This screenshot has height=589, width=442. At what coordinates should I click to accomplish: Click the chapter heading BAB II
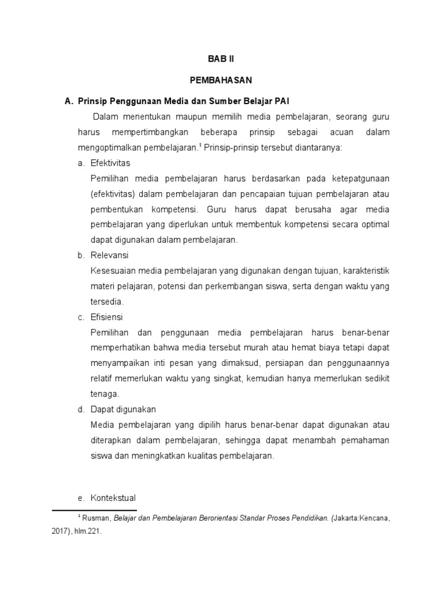221,59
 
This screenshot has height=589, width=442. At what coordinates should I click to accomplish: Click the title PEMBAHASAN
221,80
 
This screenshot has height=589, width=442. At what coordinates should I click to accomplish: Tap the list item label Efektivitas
110,163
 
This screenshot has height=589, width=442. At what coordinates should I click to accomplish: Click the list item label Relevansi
109,255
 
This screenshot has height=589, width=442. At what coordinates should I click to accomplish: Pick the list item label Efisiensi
107,317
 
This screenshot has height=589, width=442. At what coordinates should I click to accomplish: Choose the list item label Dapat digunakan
123,410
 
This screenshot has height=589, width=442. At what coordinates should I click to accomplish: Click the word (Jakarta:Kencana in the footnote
356,518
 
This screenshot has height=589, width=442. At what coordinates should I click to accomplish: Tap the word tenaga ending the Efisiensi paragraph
104,394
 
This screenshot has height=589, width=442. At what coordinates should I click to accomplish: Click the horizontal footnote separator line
94,510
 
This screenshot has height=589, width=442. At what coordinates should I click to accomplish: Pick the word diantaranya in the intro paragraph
319,148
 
